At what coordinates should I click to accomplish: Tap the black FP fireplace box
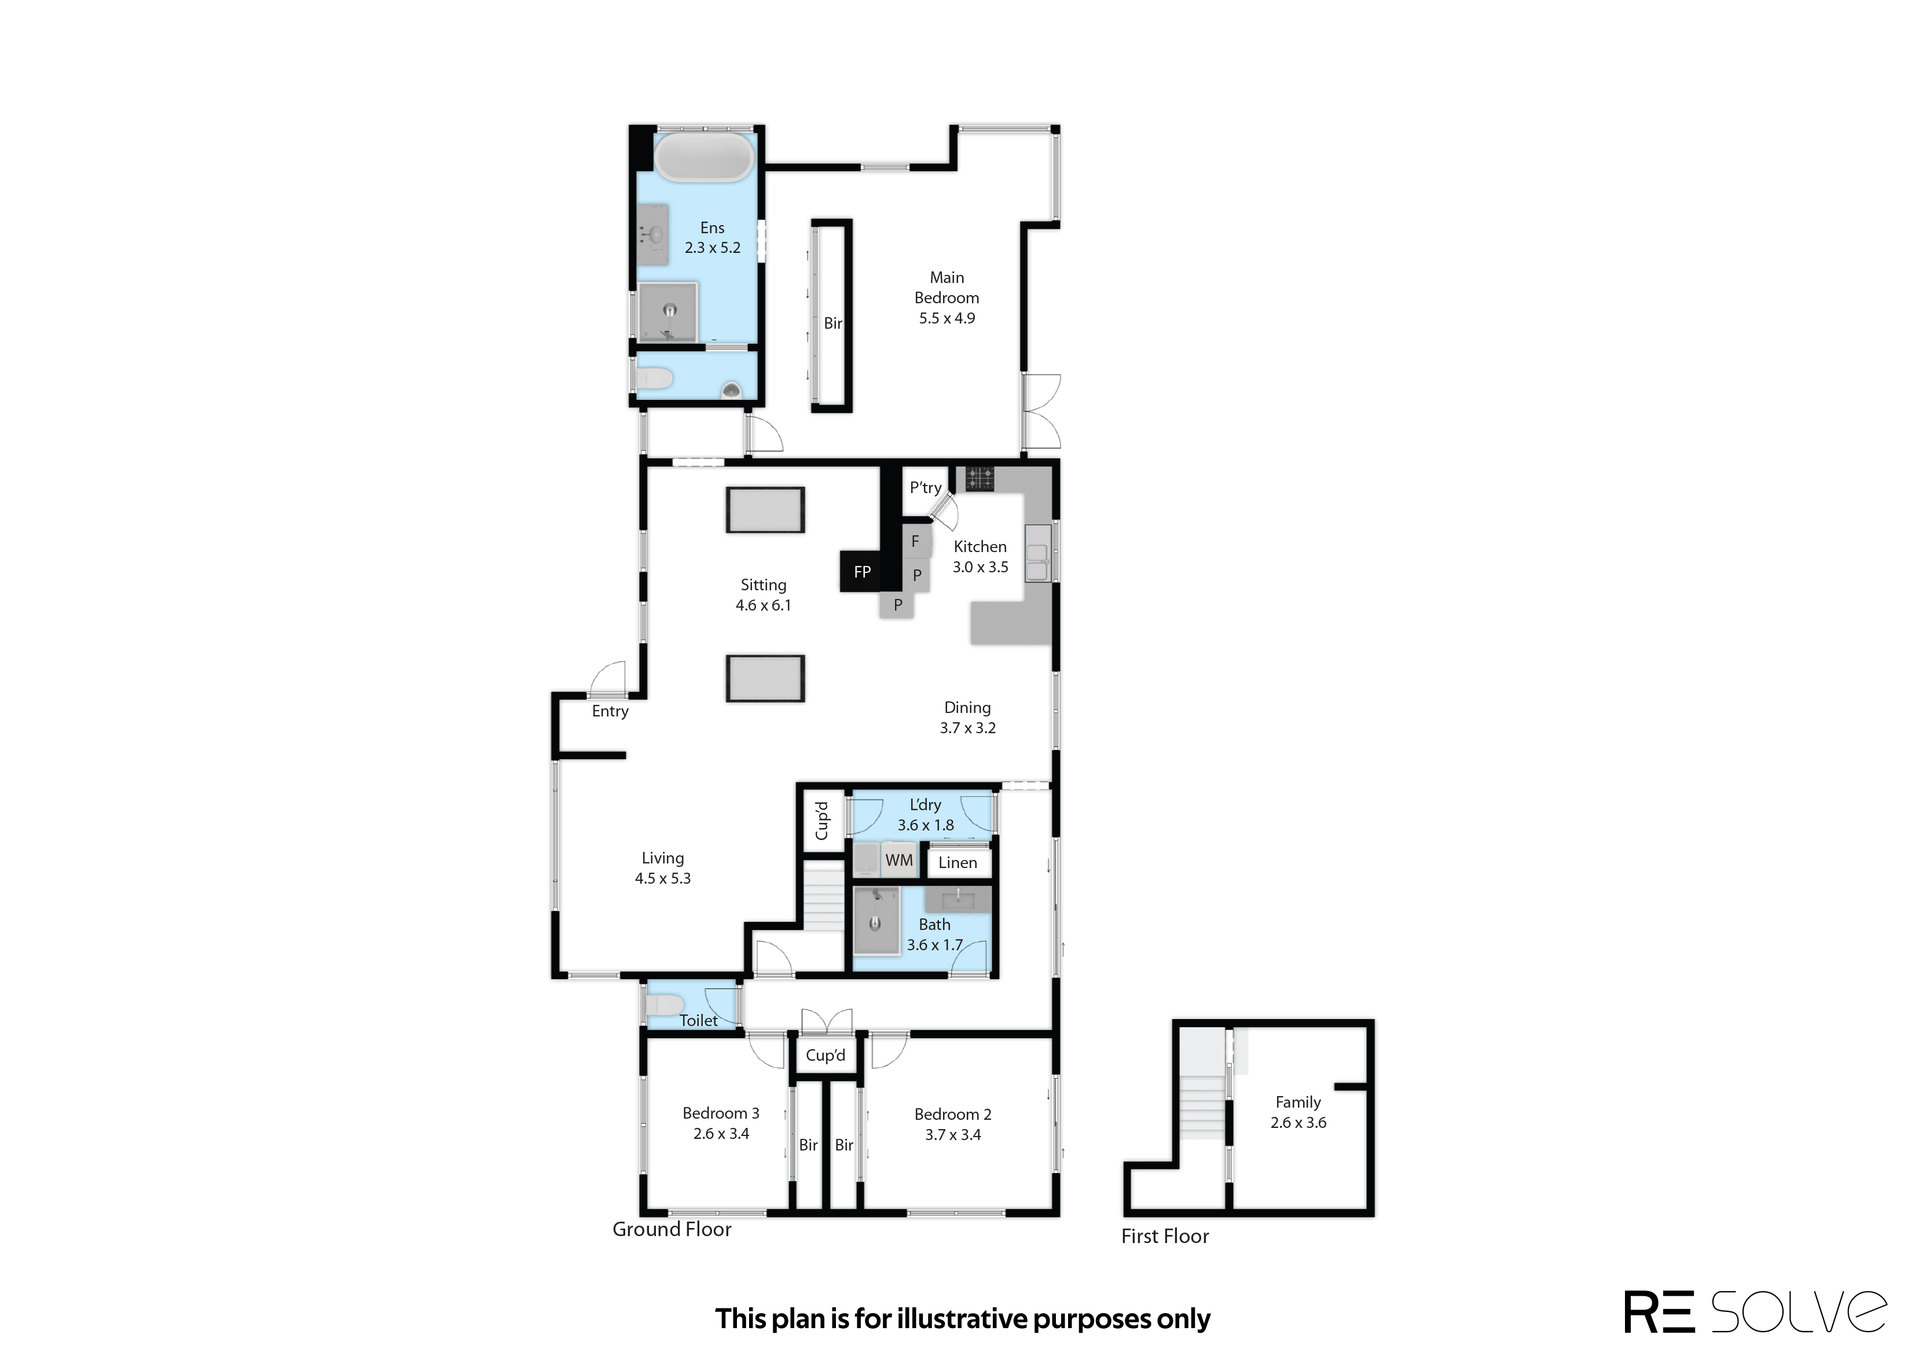(862, 572)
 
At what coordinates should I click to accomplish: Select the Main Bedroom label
(947, 287)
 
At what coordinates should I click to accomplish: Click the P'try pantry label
(926, 488)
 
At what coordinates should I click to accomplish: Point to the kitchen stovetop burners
(978, 479)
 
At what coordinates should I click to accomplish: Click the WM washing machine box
(899, 860)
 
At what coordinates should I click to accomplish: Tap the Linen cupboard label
(958, 863)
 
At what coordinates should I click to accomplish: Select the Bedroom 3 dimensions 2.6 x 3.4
(721, 1134)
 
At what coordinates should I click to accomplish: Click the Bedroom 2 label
(952, 1115)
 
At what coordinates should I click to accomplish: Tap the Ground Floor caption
(672, 1230)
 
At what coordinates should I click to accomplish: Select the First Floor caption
(1165, 1236)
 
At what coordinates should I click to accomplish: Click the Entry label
(610, 711)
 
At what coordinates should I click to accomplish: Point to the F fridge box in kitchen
(916, 542)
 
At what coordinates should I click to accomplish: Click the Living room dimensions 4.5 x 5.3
(663, 878)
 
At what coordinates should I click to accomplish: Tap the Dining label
(967, 708)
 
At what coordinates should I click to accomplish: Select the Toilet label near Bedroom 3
(698, 1020)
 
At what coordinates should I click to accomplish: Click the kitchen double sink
(1038, 553)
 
